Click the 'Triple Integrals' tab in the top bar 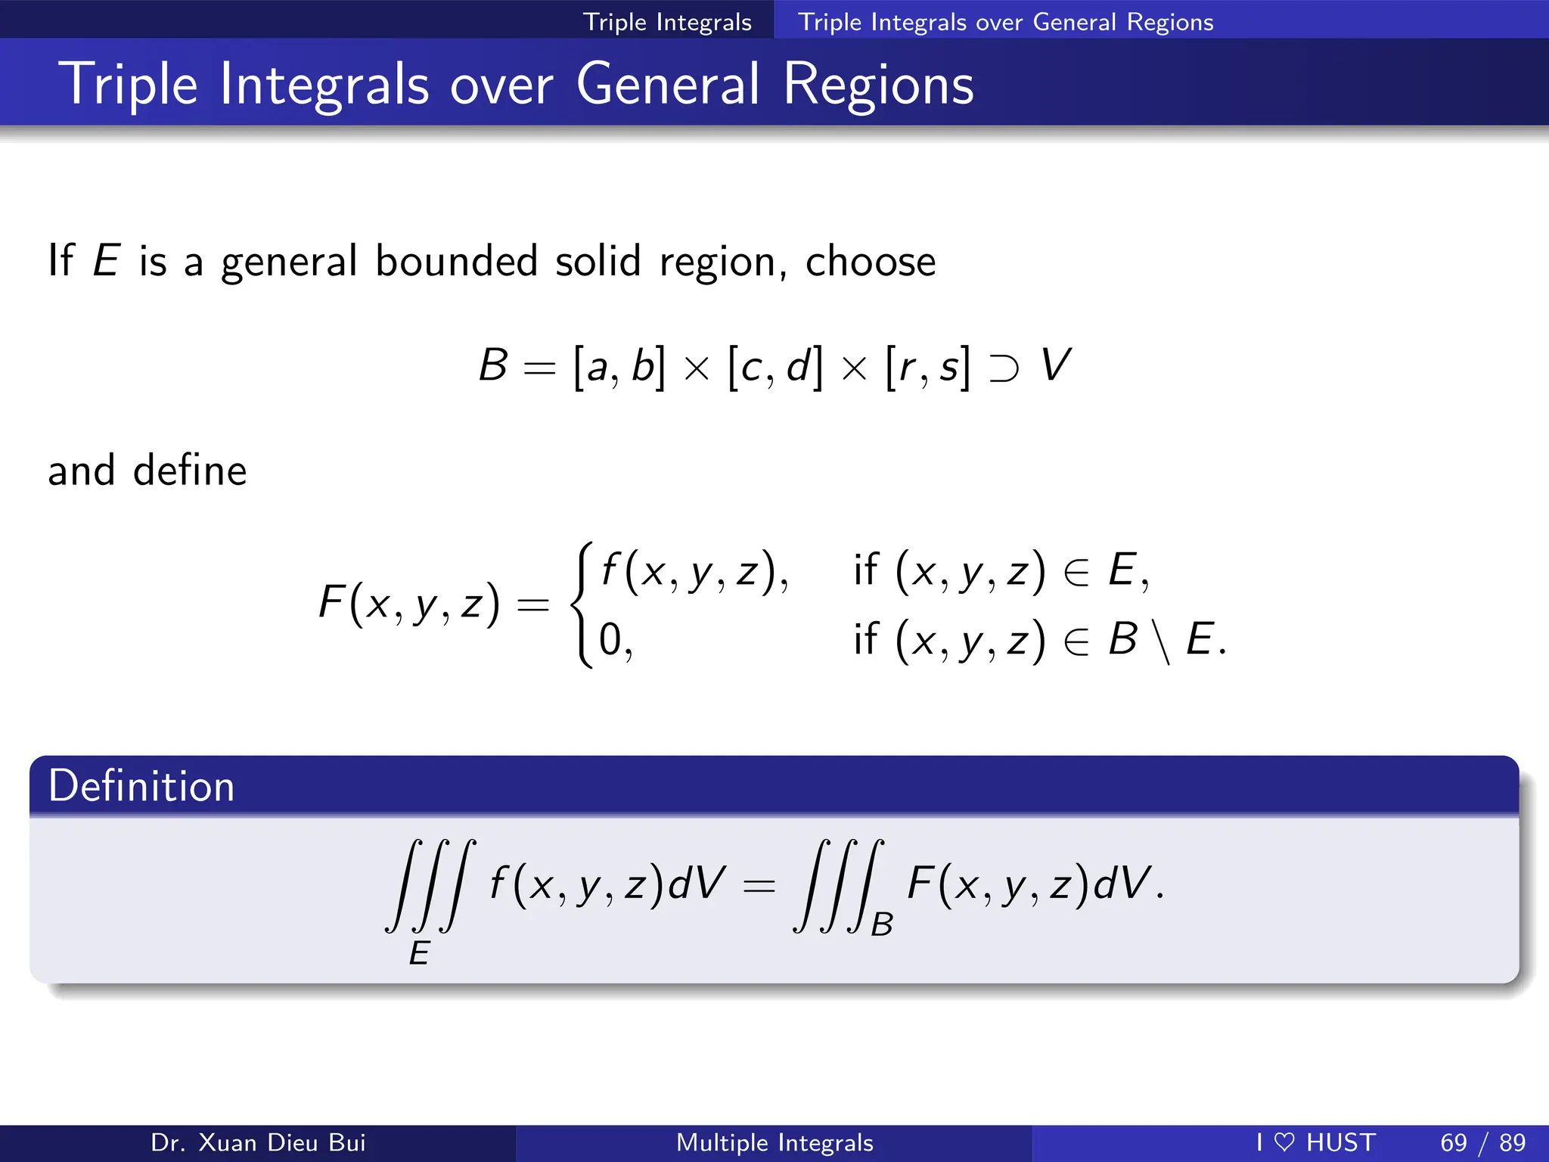[x=667, y=22]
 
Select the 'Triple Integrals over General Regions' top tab [x=1005, y=22]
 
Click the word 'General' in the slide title [x=668, y=84]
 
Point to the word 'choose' [x=871, y=262]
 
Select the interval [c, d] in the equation [x=774, y=367]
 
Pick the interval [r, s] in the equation [x=927, y=367]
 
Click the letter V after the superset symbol [x=1055, y=365]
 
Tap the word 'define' [x=190, y=471]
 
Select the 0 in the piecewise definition [x=610, y=639]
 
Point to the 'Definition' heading [x=141, y=786]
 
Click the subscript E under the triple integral [x=419, y=953]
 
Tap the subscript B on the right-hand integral [x=882, y=924]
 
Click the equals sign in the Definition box [x=759, y=885]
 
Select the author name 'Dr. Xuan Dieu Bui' [x=258, y=1142]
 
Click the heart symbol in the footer [x=1284, y=1142]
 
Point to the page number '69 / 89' [x=1482, y=1142]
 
